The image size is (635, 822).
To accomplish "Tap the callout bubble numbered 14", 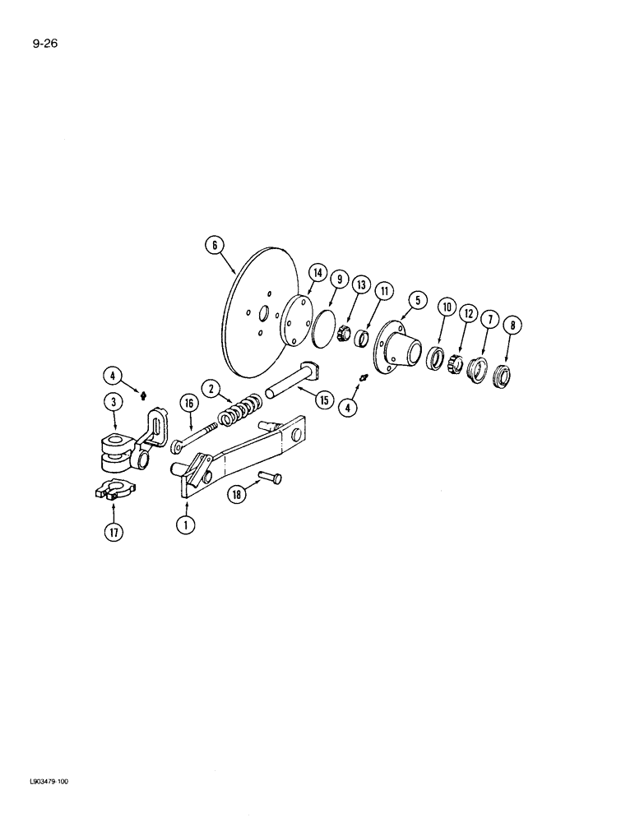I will [x=317, y=274].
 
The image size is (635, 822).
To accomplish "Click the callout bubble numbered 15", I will [x=323, y=399].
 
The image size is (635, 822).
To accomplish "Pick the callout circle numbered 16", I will [x=189, y=404].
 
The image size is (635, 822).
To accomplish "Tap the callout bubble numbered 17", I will [x=113, y=533].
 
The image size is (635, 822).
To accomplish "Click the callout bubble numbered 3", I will [x=113, y=402].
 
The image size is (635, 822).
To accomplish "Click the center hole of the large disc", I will [x=265, y=315].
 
